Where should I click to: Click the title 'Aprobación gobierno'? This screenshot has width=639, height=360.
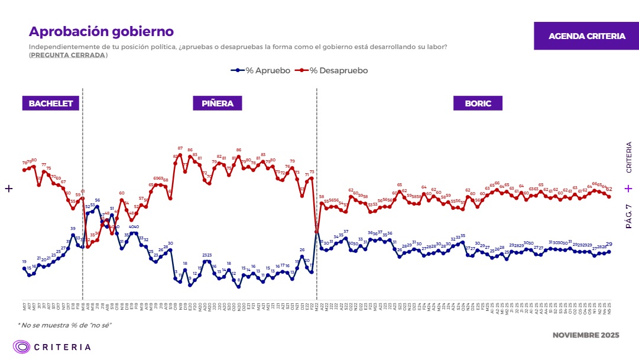[x=101, y=31]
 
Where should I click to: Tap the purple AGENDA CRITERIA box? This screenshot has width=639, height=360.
[x=586, y=36]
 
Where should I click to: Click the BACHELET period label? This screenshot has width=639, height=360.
[x=51, y=103]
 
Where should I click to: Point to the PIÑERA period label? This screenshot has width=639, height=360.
[x=218, y=103]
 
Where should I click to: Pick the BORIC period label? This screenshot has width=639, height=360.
[x=478, y=103]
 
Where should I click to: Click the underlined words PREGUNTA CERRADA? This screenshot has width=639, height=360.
[x=69, y=55]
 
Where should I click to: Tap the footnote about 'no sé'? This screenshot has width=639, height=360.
[x=64, y=325]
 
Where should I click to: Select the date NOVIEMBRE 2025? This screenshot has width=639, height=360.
[x=585, y=335]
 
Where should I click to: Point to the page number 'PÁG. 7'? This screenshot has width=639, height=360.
[x=629, y=216]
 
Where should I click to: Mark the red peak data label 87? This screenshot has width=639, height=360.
[x=180, y=148]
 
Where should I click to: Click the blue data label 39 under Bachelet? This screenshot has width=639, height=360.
[x=73, y=229]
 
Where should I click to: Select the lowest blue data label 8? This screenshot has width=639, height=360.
[x=239, y=280]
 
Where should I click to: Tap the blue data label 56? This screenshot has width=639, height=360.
[x=98, y=200]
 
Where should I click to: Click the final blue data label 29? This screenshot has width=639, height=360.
[x=609, y=244]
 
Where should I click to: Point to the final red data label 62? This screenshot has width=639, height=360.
[x=609, y=189]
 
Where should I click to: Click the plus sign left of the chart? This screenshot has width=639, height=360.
[x=9, y=189]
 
